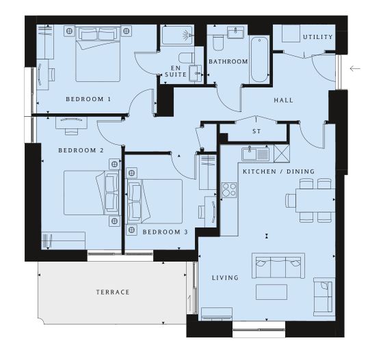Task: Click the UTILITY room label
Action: point(318,37)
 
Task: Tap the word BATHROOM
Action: point(228,61)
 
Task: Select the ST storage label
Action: point(256,131)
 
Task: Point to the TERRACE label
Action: point(113,292)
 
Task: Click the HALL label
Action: point(283,100)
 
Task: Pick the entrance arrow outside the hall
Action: point(355,68)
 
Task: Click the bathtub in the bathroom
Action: point(259,59)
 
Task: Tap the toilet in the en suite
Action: point(186,58)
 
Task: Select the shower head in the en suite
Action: point(188,35)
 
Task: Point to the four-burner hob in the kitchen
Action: point(229,190)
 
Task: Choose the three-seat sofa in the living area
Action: point(278,265)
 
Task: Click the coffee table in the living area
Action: point(272,292)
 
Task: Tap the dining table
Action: point(315,200)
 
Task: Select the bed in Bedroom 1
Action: point(98,54)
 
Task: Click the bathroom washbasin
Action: point(235,32)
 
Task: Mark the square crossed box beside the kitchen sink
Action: point(282,154)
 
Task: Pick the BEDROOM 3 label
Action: point(165,232)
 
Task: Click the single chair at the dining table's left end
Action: point(291,200)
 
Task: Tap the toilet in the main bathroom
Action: point(218,42)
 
